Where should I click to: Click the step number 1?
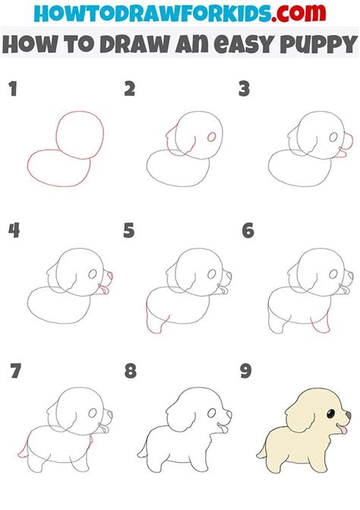coord(11,90)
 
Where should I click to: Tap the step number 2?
coord(130,90)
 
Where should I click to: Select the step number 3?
coord(244,90)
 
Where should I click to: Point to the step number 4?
coord(12,231)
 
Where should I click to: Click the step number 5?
coord(129,231)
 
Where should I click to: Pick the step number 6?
coord(246,231)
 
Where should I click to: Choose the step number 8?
coord(130,372)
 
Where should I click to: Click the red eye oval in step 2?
coord(211,138)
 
